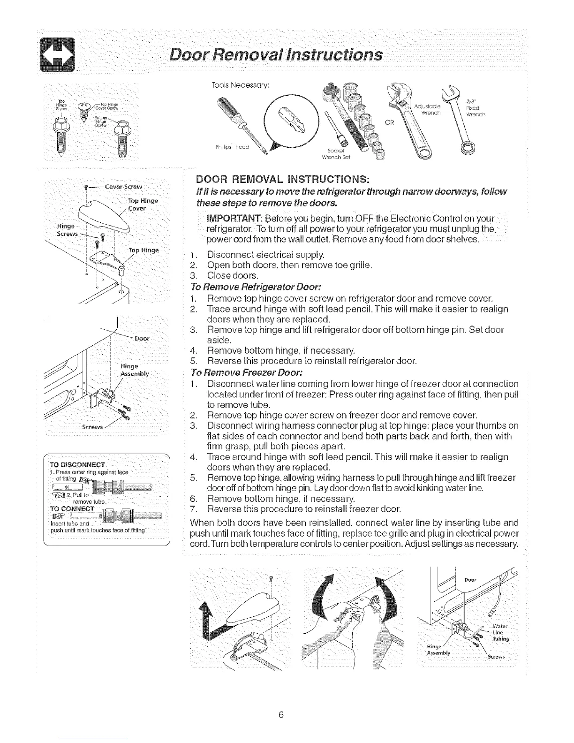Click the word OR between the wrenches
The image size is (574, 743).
(390, 123)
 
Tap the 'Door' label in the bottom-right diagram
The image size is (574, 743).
(470, 580)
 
